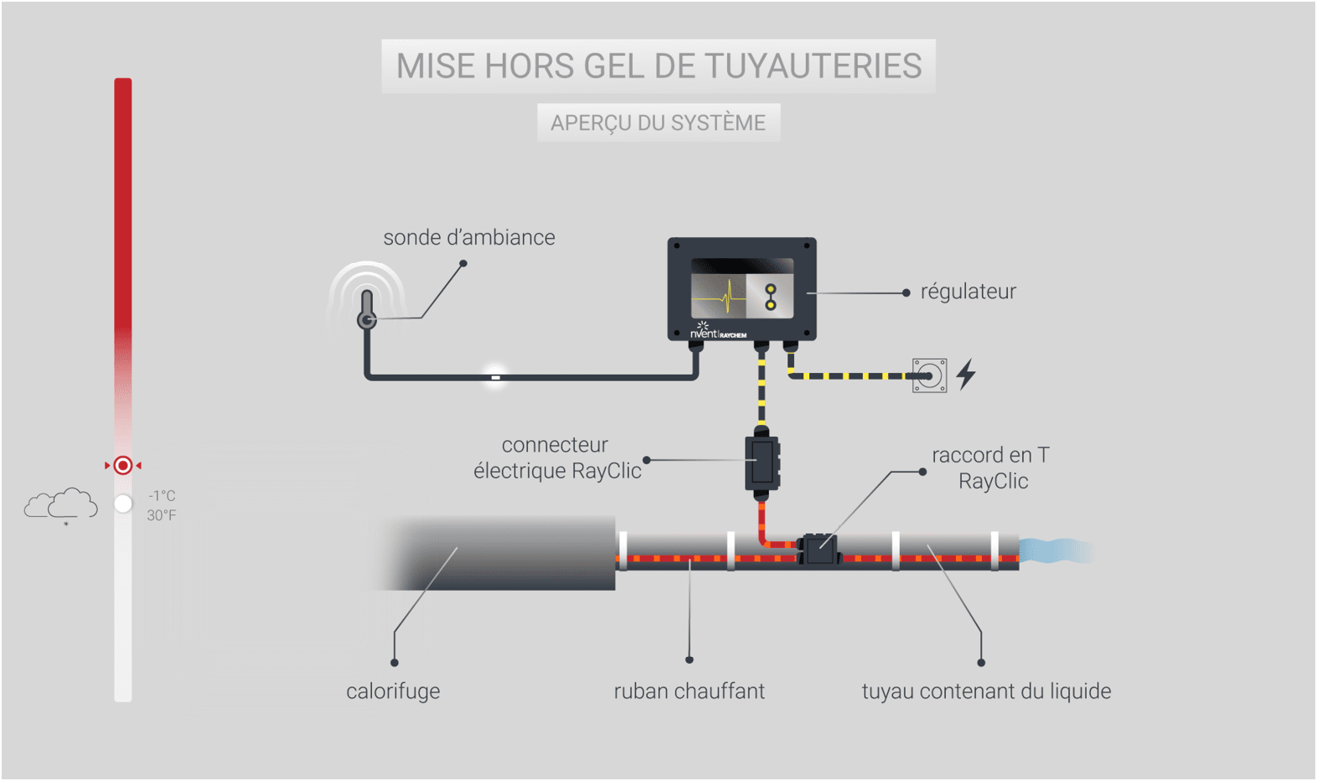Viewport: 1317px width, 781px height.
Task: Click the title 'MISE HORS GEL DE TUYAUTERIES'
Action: (x=658, y=66)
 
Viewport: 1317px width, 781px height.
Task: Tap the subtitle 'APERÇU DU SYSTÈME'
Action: (x=658, y=123)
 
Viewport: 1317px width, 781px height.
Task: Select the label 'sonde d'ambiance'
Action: (x=468, y=238)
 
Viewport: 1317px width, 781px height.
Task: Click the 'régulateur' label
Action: (x=968, y=292)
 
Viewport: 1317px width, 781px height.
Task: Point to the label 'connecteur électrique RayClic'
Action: (x=557, y=458)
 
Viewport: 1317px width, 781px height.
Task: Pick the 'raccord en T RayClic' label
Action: (x=991, y=468)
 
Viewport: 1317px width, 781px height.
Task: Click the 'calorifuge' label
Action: (x=393, y=691)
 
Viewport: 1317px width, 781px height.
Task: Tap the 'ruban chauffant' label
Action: (x=689, y=691)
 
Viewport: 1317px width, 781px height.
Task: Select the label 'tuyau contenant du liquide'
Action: (x=986, y=691)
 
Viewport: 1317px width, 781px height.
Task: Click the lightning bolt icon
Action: (x=967, y=374)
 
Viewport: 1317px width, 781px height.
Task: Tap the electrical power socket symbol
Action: (x=929, y=375)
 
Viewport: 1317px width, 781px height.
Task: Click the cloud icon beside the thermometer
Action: (x=61, y=504)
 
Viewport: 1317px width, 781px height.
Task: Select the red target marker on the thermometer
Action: (x=123, y=465)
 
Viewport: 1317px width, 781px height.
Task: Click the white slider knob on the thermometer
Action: (x=123, y=504)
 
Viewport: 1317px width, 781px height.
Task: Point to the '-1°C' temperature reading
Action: (x=162, y=496)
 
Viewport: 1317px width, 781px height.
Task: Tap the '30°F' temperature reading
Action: (x=162, y=515)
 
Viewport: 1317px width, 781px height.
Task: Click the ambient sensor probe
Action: (x=367, y=310)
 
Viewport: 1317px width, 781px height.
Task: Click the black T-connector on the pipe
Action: (x=818, y=550)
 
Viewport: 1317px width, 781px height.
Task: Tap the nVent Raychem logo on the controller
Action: (x=717, y=333)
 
